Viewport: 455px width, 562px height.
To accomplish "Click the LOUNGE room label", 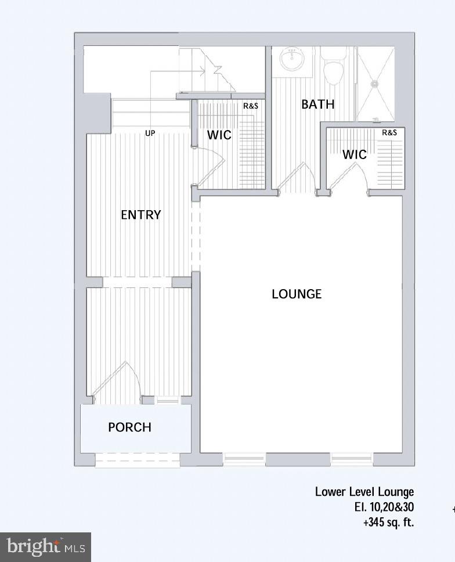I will click(297, 294).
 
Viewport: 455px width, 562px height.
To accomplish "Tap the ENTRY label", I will click(140, 215).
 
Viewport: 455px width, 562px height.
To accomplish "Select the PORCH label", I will click(129, 427).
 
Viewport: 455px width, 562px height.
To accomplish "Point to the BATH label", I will click(317, 105).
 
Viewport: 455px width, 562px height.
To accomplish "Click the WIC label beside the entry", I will click(219, 135).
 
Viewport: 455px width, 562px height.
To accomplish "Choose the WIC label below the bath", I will click(354, 155).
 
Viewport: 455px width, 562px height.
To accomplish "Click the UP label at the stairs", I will click(150, 134).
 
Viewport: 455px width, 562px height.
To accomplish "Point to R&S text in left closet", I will click(251, 106).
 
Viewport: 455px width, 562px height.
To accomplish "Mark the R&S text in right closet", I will click(389, 133).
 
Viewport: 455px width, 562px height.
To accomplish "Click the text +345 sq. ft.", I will click(389, 522).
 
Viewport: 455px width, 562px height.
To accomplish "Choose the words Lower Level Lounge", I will click(364, 492).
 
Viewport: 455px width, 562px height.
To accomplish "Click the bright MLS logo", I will click(45, 547).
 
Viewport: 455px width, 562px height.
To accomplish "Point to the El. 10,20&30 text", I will click(384, 507).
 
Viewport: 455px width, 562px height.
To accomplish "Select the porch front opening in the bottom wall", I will click(138, 460).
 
